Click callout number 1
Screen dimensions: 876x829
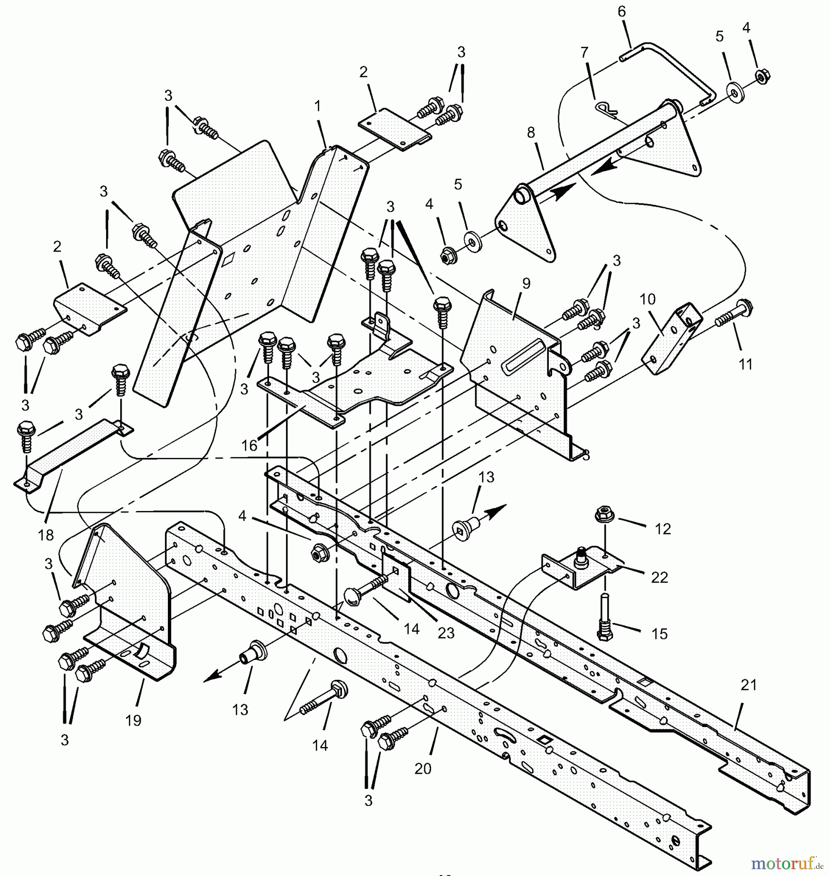pos(318,106)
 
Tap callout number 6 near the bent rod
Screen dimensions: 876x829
pos(622,12)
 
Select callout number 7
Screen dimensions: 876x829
pos(584,52)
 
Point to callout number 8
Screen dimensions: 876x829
pos(531,132)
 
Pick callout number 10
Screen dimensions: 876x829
pos(648,299)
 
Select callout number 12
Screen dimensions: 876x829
pos(663,529)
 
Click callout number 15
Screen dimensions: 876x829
pos(660,634)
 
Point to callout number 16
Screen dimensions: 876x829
pos(249,445)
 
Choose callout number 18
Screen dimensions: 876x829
pos(46,535)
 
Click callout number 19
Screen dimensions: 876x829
pos(133,720)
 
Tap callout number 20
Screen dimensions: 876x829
pos(423,768)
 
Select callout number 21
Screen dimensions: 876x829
pos(749,685)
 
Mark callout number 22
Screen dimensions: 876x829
pos(659,577)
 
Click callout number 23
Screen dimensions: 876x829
pos(446,633)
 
